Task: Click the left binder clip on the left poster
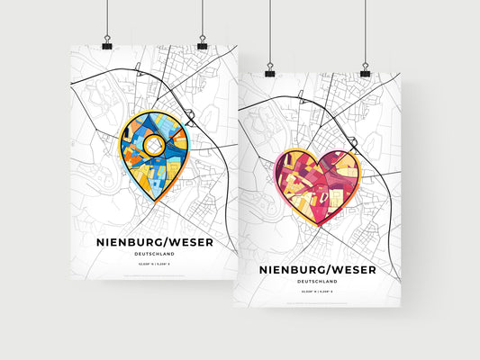point(107,44)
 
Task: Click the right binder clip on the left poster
point(202,44)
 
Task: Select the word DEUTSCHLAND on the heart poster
point(317,282)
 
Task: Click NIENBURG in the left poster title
point(128,241)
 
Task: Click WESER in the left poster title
point(191,241)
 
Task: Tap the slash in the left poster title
point(167,241)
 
